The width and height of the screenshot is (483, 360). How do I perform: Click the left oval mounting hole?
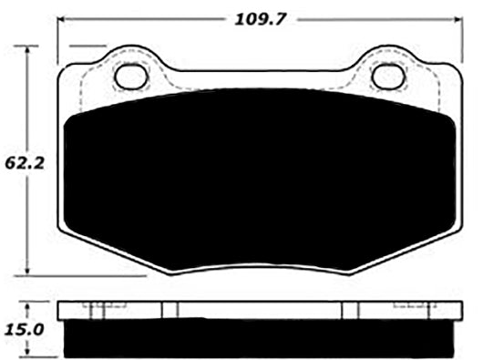click(130, 77)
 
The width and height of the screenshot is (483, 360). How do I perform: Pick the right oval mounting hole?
click(388, 77)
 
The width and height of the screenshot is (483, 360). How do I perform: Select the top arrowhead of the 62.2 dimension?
click(32, 48)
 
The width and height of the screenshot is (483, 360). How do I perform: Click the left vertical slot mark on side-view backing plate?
click(164, 311)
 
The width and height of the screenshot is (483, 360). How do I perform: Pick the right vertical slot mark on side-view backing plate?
click(344, 311)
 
